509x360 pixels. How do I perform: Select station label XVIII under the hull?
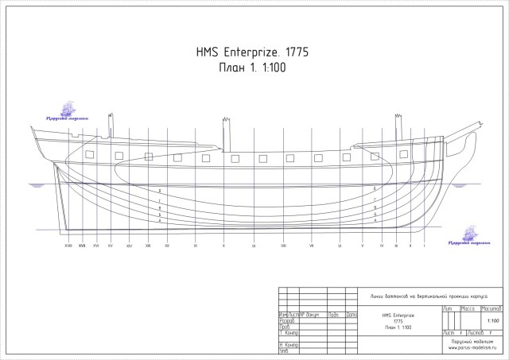pyautogui.click(x=69, y=246)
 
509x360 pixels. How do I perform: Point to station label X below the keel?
pyautogui.click(x=223, y=246)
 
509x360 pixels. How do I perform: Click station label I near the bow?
pyautogui.click(x=425, y=246)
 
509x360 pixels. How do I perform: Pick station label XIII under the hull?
pyautogui.click(x=148, y=246)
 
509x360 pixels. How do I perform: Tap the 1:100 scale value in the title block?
pyautogui.click(x=493, y=319)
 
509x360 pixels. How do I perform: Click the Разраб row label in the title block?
pyautogui.click(x=288, y=320)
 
